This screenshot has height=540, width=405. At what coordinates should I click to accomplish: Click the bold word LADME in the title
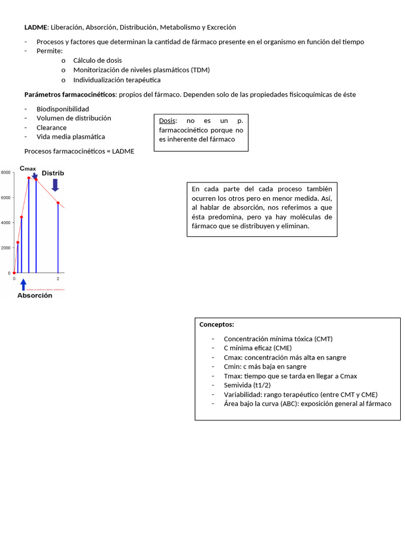[36, 27]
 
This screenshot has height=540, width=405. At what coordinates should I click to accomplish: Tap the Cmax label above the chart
[27, 168]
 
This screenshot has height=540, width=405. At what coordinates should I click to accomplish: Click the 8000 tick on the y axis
[5, 172]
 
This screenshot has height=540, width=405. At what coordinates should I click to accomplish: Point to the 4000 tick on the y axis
[5, 223]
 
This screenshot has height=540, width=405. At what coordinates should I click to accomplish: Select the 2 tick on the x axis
[57, 278]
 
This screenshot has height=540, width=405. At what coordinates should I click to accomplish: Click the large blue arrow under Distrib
[55, 184]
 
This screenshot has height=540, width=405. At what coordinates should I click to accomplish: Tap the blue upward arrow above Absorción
[23, 285]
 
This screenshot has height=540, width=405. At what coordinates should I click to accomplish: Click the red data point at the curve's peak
[28, 178]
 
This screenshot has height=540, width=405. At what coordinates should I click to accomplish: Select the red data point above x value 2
[58, 203]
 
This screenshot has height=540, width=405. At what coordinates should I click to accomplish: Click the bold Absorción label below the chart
[35, 296]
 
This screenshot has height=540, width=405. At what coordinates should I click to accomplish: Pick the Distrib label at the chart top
[53, 173]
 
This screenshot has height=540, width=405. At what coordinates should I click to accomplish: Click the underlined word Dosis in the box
[168, 121]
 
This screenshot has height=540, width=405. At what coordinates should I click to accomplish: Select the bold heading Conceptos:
[217, 324]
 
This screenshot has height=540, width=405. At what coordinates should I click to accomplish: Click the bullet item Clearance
[52, 128]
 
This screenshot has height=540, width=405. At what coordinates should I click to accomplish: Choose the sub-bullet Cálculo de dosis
[98, 60]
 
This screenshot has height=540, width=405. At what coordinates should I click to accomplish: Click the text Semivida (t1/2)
[248, 385]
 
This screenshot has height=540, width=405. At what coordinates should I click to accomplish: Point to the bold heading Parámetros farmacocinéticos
[70, 94]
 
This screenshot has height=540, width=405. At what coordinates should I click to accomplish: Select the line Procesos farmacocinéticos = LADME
[79, 151]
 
